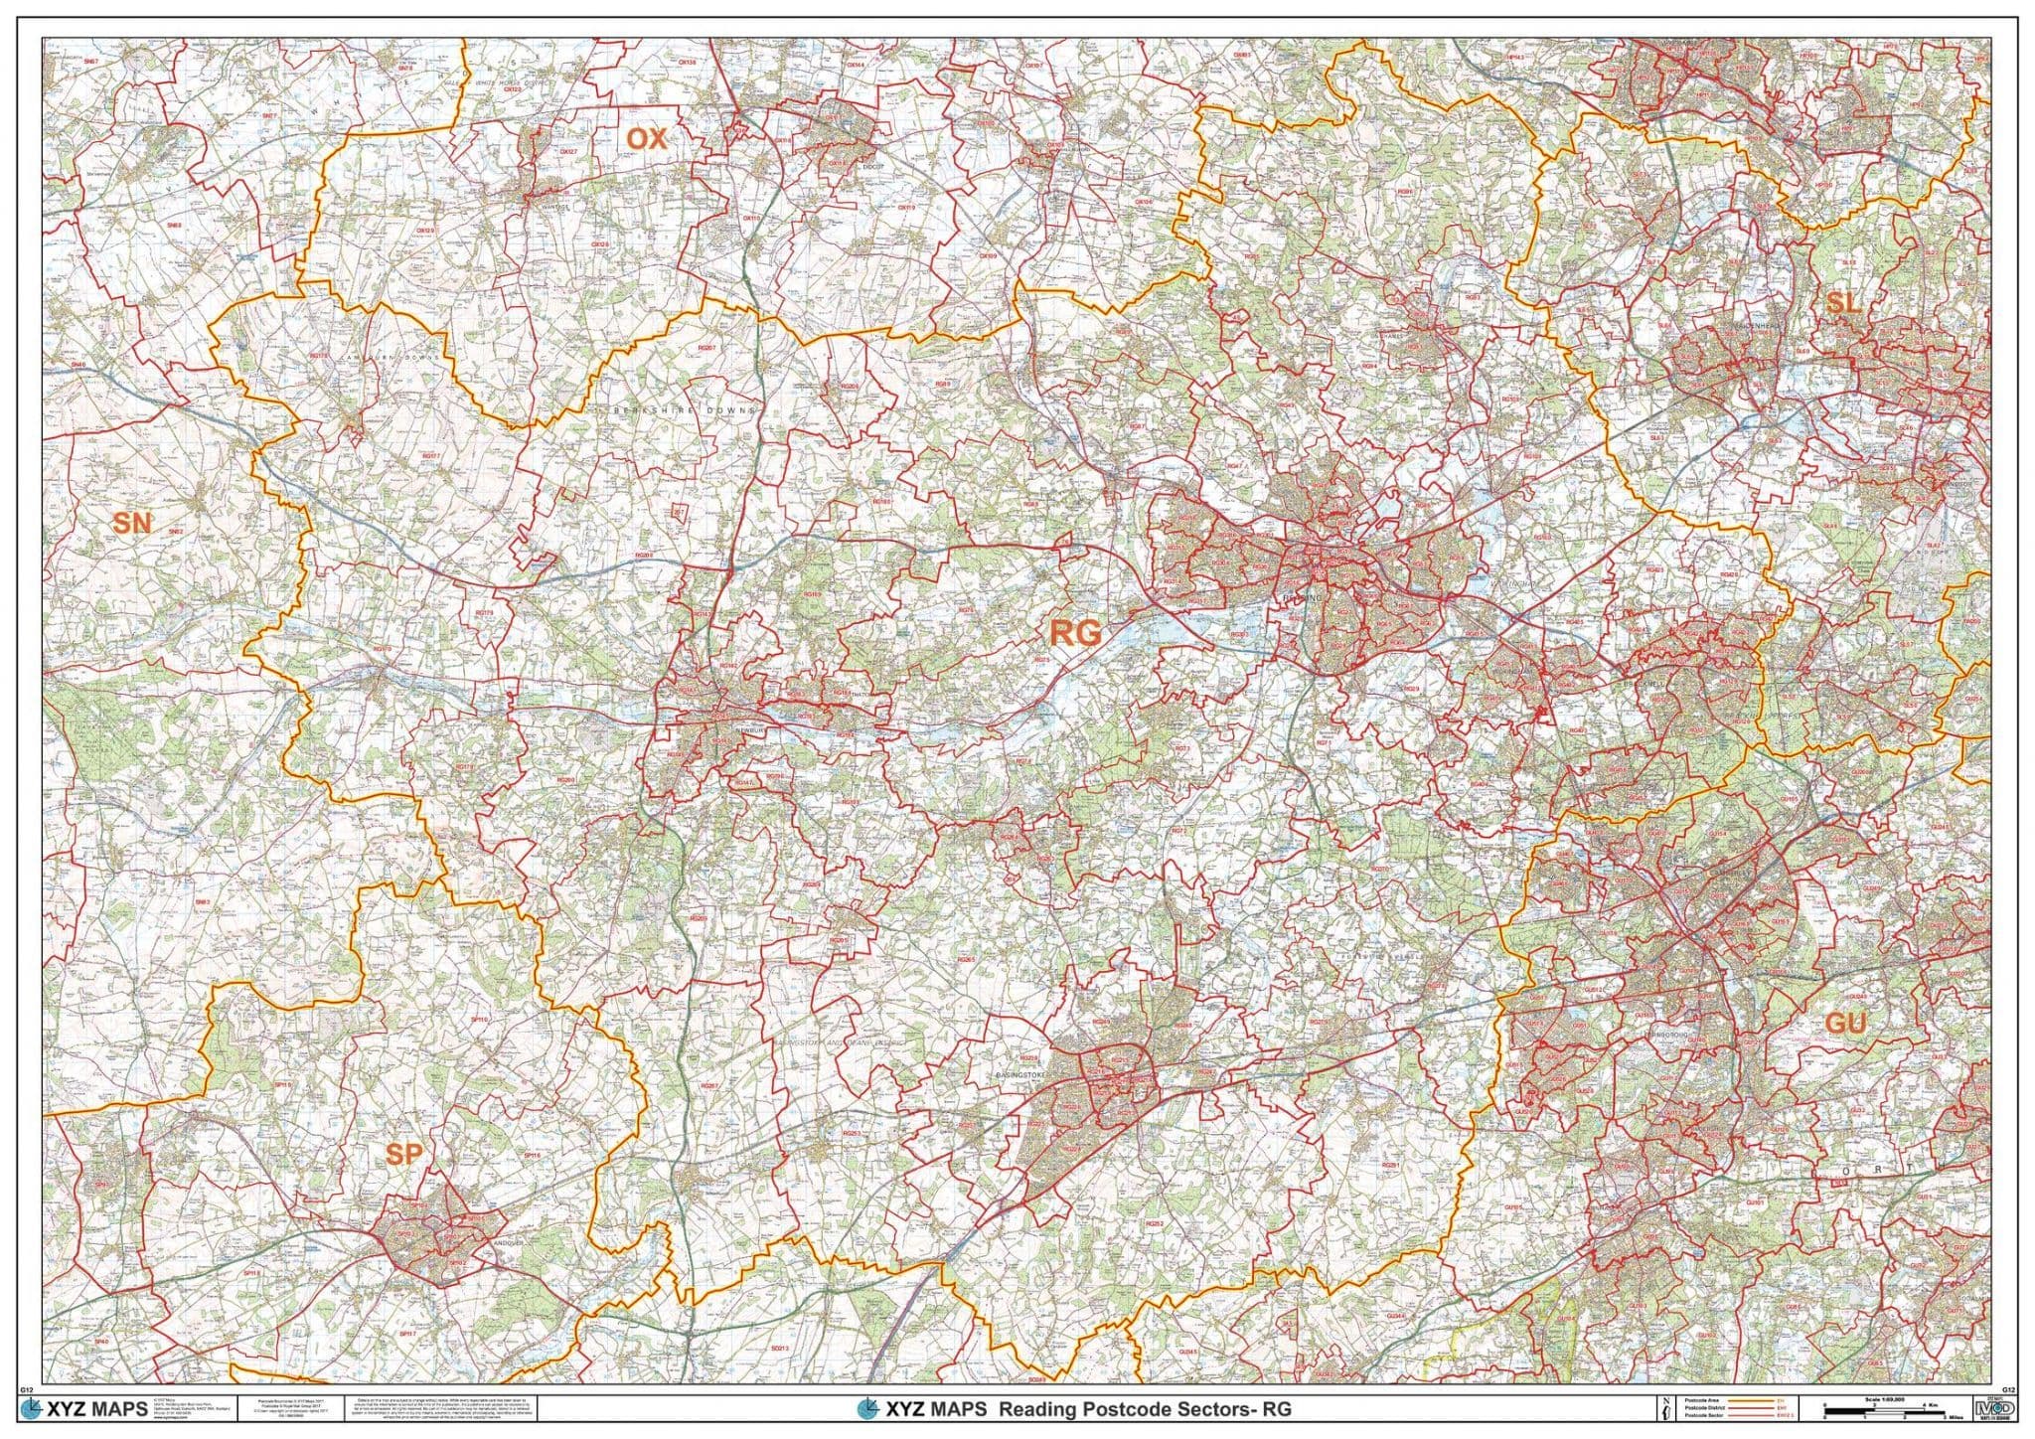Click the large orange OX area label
point(647,139)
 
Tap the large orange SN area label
point(132,522)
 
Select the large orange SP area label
point(404,1154)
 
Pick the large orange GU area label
point(1845,1025)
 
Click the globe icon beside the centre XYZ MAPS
point(868,1409)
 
